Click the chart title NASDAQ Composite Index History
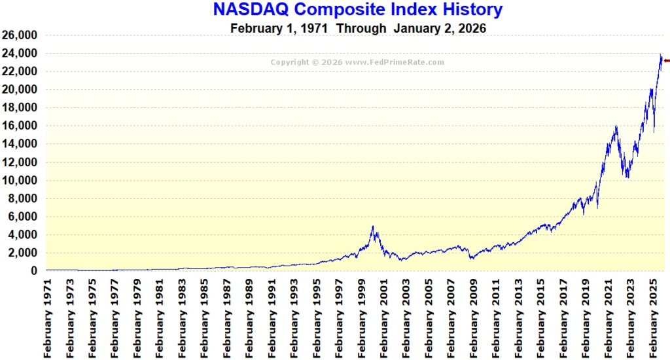coord(358,10)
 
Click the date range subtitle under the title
coord(358,29)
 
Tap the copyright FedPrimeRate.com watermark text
coord(358,62)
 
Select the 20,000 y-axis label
coord(20,90)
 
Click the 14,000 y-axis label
coord(20,144)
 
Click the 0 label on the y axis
coord(33,271)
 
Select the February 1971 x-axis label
coord(48,316)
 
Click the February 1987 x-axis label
coord(227,316)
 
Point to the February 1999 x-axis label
coord(361,316)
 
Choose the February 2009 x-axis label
coord(473,316)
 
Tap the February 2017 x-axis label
coord(563,316)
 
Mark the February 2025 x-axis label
coord(652,316)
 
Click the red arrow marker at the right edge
coord(666,60)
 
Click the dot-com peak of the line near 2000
coord(373,226)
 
